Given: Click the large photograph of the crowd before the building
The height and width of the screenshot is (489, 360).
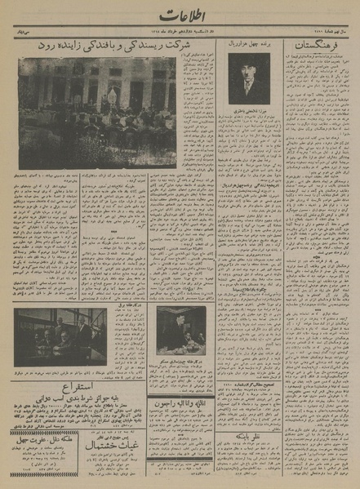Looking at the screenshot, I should (x=98, y=112).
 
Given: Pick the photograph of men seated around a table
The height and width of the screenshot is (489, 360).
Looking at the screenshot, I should (x=60, y=336).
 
